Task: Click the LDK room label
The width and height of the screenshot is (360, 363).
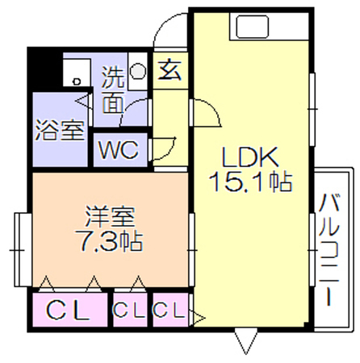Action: point(249,157)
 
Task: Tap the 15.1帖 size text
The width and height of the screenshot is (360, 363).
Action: point(250,182)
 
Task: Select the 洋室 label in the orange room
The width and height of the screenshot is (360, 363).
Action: point(110,216)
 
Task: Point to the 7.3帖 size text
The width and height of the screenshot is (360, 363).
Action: point(109,240)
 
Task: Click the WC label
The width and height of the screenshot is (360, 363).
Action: point(119,149)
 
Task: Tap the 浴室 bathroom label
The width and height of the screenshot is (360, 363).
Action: point(60,130)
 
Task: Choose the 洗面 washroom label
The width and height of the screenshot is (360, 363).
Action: point(113,91)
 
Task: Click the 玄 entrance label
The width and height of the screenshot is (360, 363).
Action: point(170,70)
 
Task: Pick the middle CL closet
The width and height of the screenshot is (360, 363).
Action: point(130,311)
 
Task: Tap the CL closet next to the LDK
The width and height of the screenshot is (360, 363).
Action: point(169,310)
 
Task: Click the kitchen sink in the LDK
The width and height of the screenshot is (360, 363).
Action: point(253,27)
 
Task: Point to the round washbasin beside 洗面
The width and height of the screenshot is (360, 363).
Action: point(138,72)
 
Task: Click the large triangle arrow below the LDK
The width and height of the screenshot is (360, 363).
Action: point(246,340)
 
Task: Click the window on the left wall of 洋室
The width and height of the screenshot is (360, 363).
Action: point(23,250)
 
